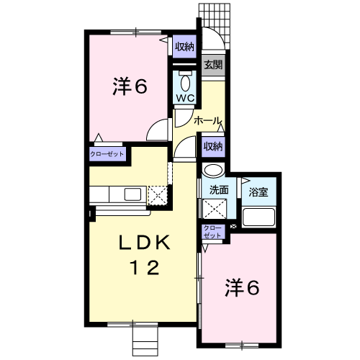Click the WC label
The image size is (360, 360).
184,97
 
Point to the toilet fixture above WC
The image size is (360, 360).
184,78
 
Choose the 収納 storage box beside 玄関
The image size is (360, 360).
184,47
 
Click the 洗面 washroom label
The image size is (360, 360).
219,191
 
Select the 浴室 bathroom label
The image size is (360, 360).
258,192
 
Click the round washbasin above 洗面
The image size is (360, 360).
212,171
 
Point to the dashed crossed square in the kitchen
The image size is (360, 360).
158,194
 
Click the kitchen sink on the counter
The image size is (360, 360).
132,194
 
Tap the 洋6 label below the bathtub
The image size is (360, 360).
243,288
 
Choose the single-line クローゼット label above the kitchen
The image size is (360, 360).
107,154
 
